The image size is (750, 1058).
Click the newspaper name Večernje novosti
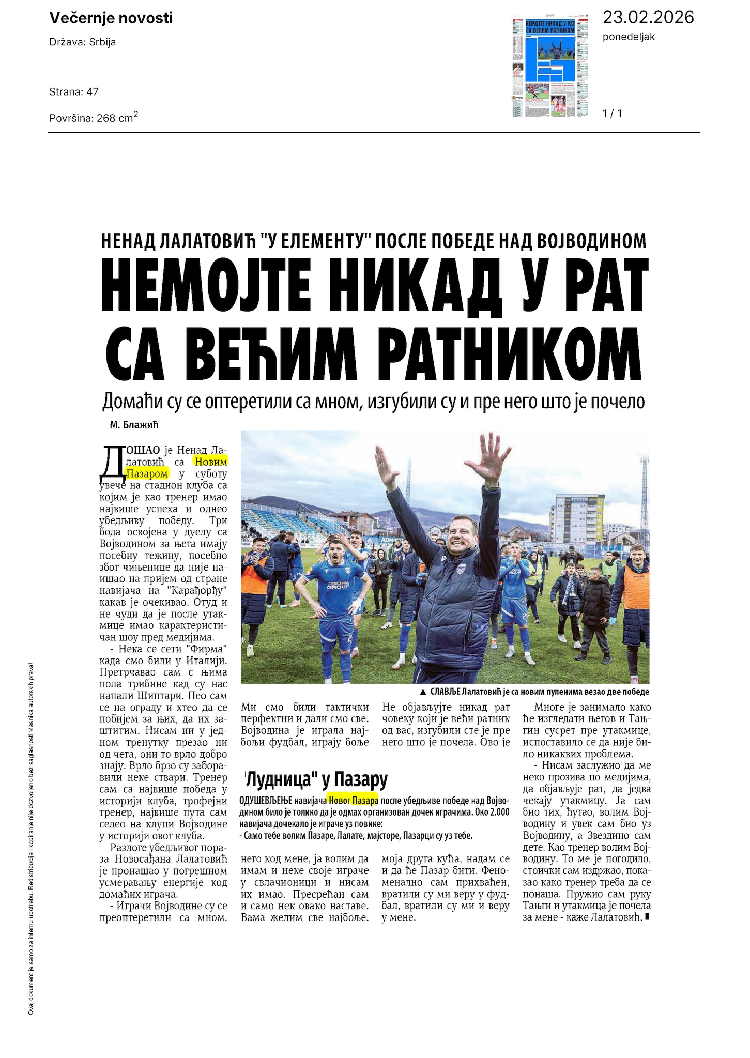(x=111, y=19)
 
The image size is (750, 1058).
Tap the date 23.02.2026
(x=648, y=18)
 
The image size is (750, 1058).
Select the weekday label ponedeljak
(x=629, y=37)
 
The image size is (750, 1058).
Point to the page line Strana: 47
(x=74, y=92)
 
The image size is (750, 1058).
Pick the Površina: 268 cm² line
(x=94, y=117)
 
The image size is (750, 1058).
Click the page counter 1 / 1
(x=613, y=113)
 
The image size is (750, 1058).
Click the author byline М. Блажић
(x=134, y=425)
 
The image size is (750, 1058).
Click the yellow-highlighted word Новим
(x=210, y=461)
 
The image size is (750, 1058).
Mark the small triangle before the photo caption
(x=423, y=692)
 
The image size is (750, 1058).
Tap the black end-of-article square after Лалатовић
(x=647, y=918)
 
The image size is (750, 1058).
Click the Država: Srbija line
(x=83, y=42)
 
